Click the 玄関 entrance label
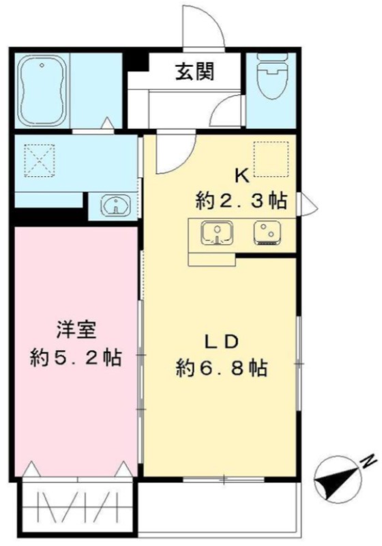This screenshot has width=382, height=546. [x=195, y=72]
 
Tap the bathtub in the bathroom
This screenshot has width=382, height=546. [x=42, y=91]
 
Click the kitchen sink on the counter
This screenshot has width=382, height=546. [x=217, y=233]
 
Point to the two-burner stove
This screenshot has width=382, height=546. [x=267, y=233]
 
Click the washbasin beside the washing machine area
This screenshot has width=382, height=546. [x=116, y=204]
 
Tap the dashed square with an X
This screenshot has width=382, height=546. [x=40, y=160]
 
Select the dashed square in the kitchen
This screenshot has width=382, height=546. [x=271, y=159]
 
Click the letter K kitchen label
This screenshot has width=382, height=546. [x=242, y=177]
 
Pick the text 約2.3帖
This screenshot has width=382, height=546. [x=241, y=201]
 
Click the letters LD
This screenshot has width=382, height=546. [x=221, y=342]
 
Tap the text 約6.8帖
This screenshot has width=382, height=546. [x=222, y=368]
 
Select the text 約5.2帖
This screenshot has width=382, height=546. [x=76, y=358]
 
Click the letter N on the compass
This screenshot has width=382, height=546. [x=370, y=462]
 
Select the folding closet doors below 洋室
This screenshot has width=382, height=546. [x=77, y=506]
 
